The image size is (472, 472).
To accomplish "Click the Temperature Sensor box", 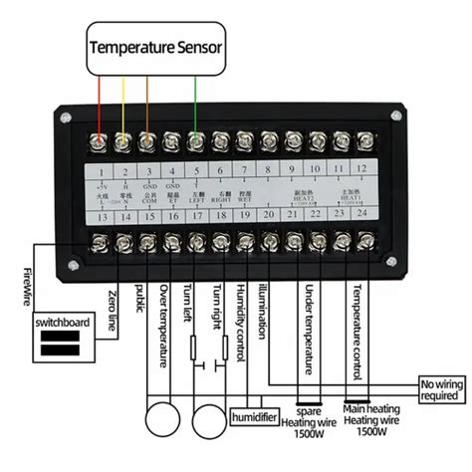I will pos(156,47).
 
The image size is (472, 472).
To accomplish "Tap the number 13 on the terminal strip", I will pos(100,213).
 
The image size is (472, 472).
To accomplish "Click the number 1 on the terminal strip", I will pos(100,168).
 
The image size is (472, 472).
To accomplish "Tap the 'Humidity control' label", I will pos(242,319).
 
